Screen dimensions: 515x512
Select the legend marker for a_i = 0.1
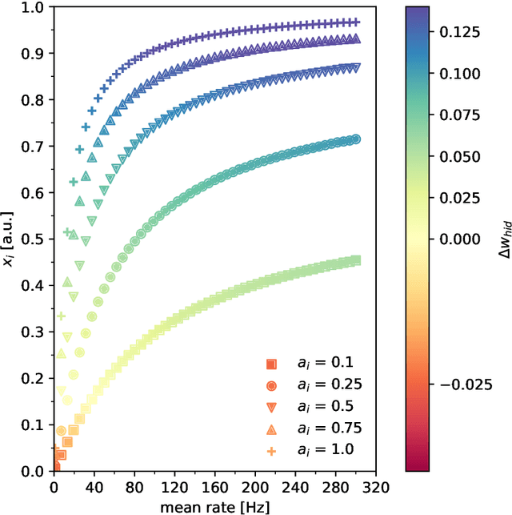pyautogui.click(x=271, y=364)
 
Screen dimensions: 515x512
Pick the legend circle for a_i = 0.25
pyautogui.click(x=271, y=386)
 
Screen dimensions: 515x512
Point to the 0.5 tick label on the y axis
pyautogui.click(x=34, y=239)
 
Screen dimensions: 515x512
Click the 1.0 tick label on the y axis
pyautogui.click(x=34, y=7)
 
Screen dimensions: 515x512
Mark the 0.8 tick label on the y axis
pyautogui.click(x=34, y=100)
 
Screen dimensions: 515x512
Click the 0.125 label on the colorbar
pyautogui.click(x=462, y=31)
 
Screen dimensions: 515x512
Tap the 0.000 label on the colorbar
pyautogui.click(x=462, y=239)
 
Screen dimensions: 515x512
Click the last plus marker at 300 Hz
pyautogui.click(x=356, y=22)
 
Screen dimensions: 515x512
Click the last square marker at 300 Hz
pyautogui.click(x=356, y=260)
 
